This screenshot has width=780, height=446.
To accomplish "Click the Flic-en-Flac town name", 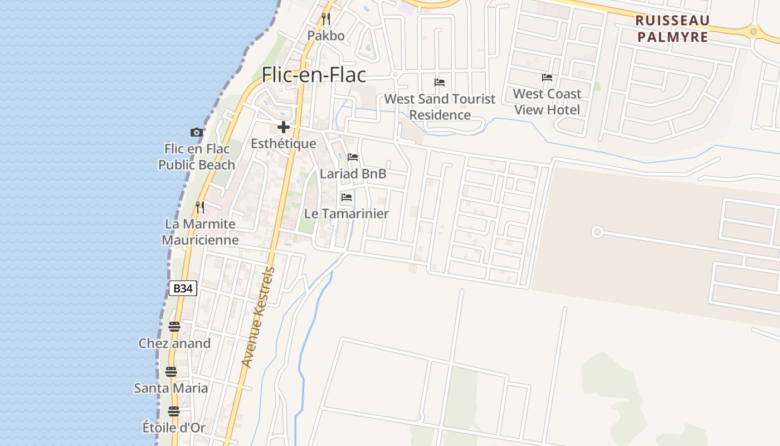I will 314,75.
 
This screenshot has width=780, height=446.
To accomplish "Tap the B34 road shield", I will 183,288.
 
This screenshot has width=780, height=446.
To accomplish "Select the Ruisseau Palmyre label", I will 672,29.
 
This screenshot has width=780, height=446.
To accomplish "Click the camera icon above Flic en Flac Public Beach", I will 196,133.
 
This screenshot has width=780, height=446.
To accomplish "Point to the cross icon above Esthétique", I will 284,127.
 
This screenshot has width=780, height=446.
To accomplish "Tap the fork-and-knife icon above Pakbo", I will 326,19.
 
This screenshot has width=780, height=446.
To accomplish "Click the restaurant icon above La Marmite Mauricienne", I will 200,207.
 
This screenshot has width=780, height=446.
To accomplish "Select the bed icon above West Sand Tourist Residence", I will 440,83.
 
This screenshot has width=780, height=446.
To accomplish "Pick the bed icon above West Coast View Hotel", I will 547,77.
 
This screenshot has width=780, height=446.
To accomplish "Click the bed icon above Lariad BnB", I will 353,157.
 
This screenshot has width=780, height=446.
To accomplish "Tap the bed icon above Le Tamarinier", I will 347,197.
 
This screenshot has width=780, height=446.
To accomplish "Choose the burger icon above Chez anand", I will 174,327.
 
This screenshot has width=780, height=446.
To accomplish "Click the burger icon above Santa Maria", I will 171,372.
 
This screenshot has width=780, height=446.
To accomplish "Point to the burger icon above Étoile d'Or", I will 174,411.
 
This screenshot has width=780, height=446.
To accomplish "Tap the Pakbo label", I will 326,36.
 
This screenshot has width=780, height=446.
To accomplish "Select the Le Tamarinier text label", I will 347,214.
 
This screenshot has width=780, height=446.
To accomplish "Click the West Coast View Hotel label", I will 547,102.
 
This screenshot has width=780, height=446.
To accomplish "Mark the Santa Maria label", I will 171,388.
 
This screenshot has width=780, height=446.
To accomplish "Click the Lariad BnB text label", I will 353,174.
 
